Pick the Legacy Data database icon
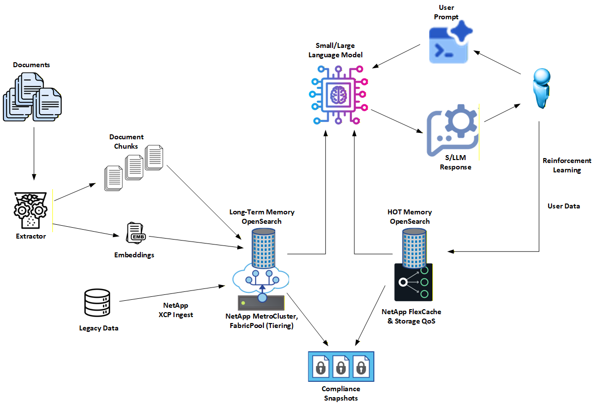pyautogui.click(x=97, y=303)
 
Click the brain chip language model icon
pyautogui.click(x=339, y=93)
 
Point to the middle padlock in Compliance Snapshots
pyautogui.click(x=341, y=366)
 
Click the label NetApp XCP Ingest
pyautogui.click(x=176, y=310)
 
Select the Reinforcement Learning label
pyautogui.click(x=566, y=165)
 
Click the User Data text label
pyautogui.click(x=563, y=205)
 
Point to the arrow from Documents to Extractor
pyautogui.click(x=34, y=153)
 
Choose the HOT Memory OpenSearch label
pyautogui.click(x=410, y=216)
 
